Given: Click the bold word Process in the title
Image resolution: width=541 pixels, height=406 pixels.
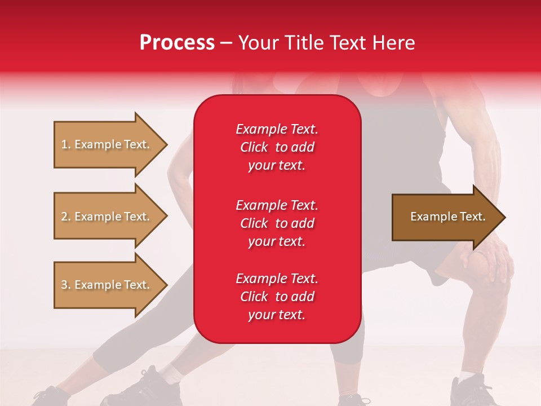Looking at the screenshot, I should pyautogui.click(x=177, y=43).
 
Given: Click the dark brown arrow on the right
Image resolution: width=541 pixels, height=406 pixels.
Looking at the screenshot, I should pyautogui.click(x=445, y=217).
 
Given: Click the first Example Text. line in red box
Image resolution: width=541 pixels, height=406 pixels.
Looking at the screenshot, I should pyautogui.click(x=277, y=129).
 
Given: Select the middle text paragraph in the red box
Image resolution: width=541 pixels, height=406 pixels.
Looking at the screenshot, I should pyautogui.click(x=277, y=223).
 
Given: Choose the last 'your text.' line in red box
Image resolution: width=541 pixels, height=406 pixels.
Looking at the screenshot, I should pyautogui.click(x=277, y=315).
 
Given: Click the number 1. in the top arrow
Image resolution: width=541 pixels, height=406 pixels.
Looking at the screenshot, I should pyautogui.click(x=66, y=144).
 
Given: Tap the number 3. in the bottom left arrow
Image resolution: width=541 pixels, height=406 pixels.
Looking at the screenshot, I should pyautogui.click(x=66, y=285).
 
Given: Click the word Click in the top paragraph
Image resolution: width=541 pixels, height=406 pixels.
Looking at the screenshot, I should pyautogui.click(x=254, y=147).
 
